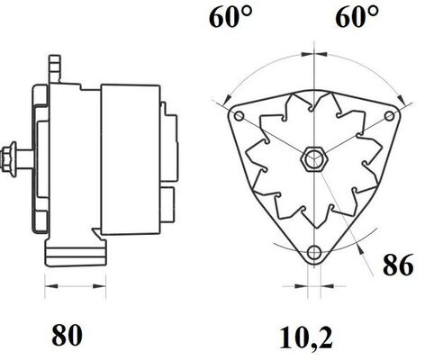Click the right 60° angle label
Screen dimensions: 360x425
click(x=357, y=18)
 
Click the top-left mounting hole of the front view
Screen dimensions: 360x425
click(x=239, y=118)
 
